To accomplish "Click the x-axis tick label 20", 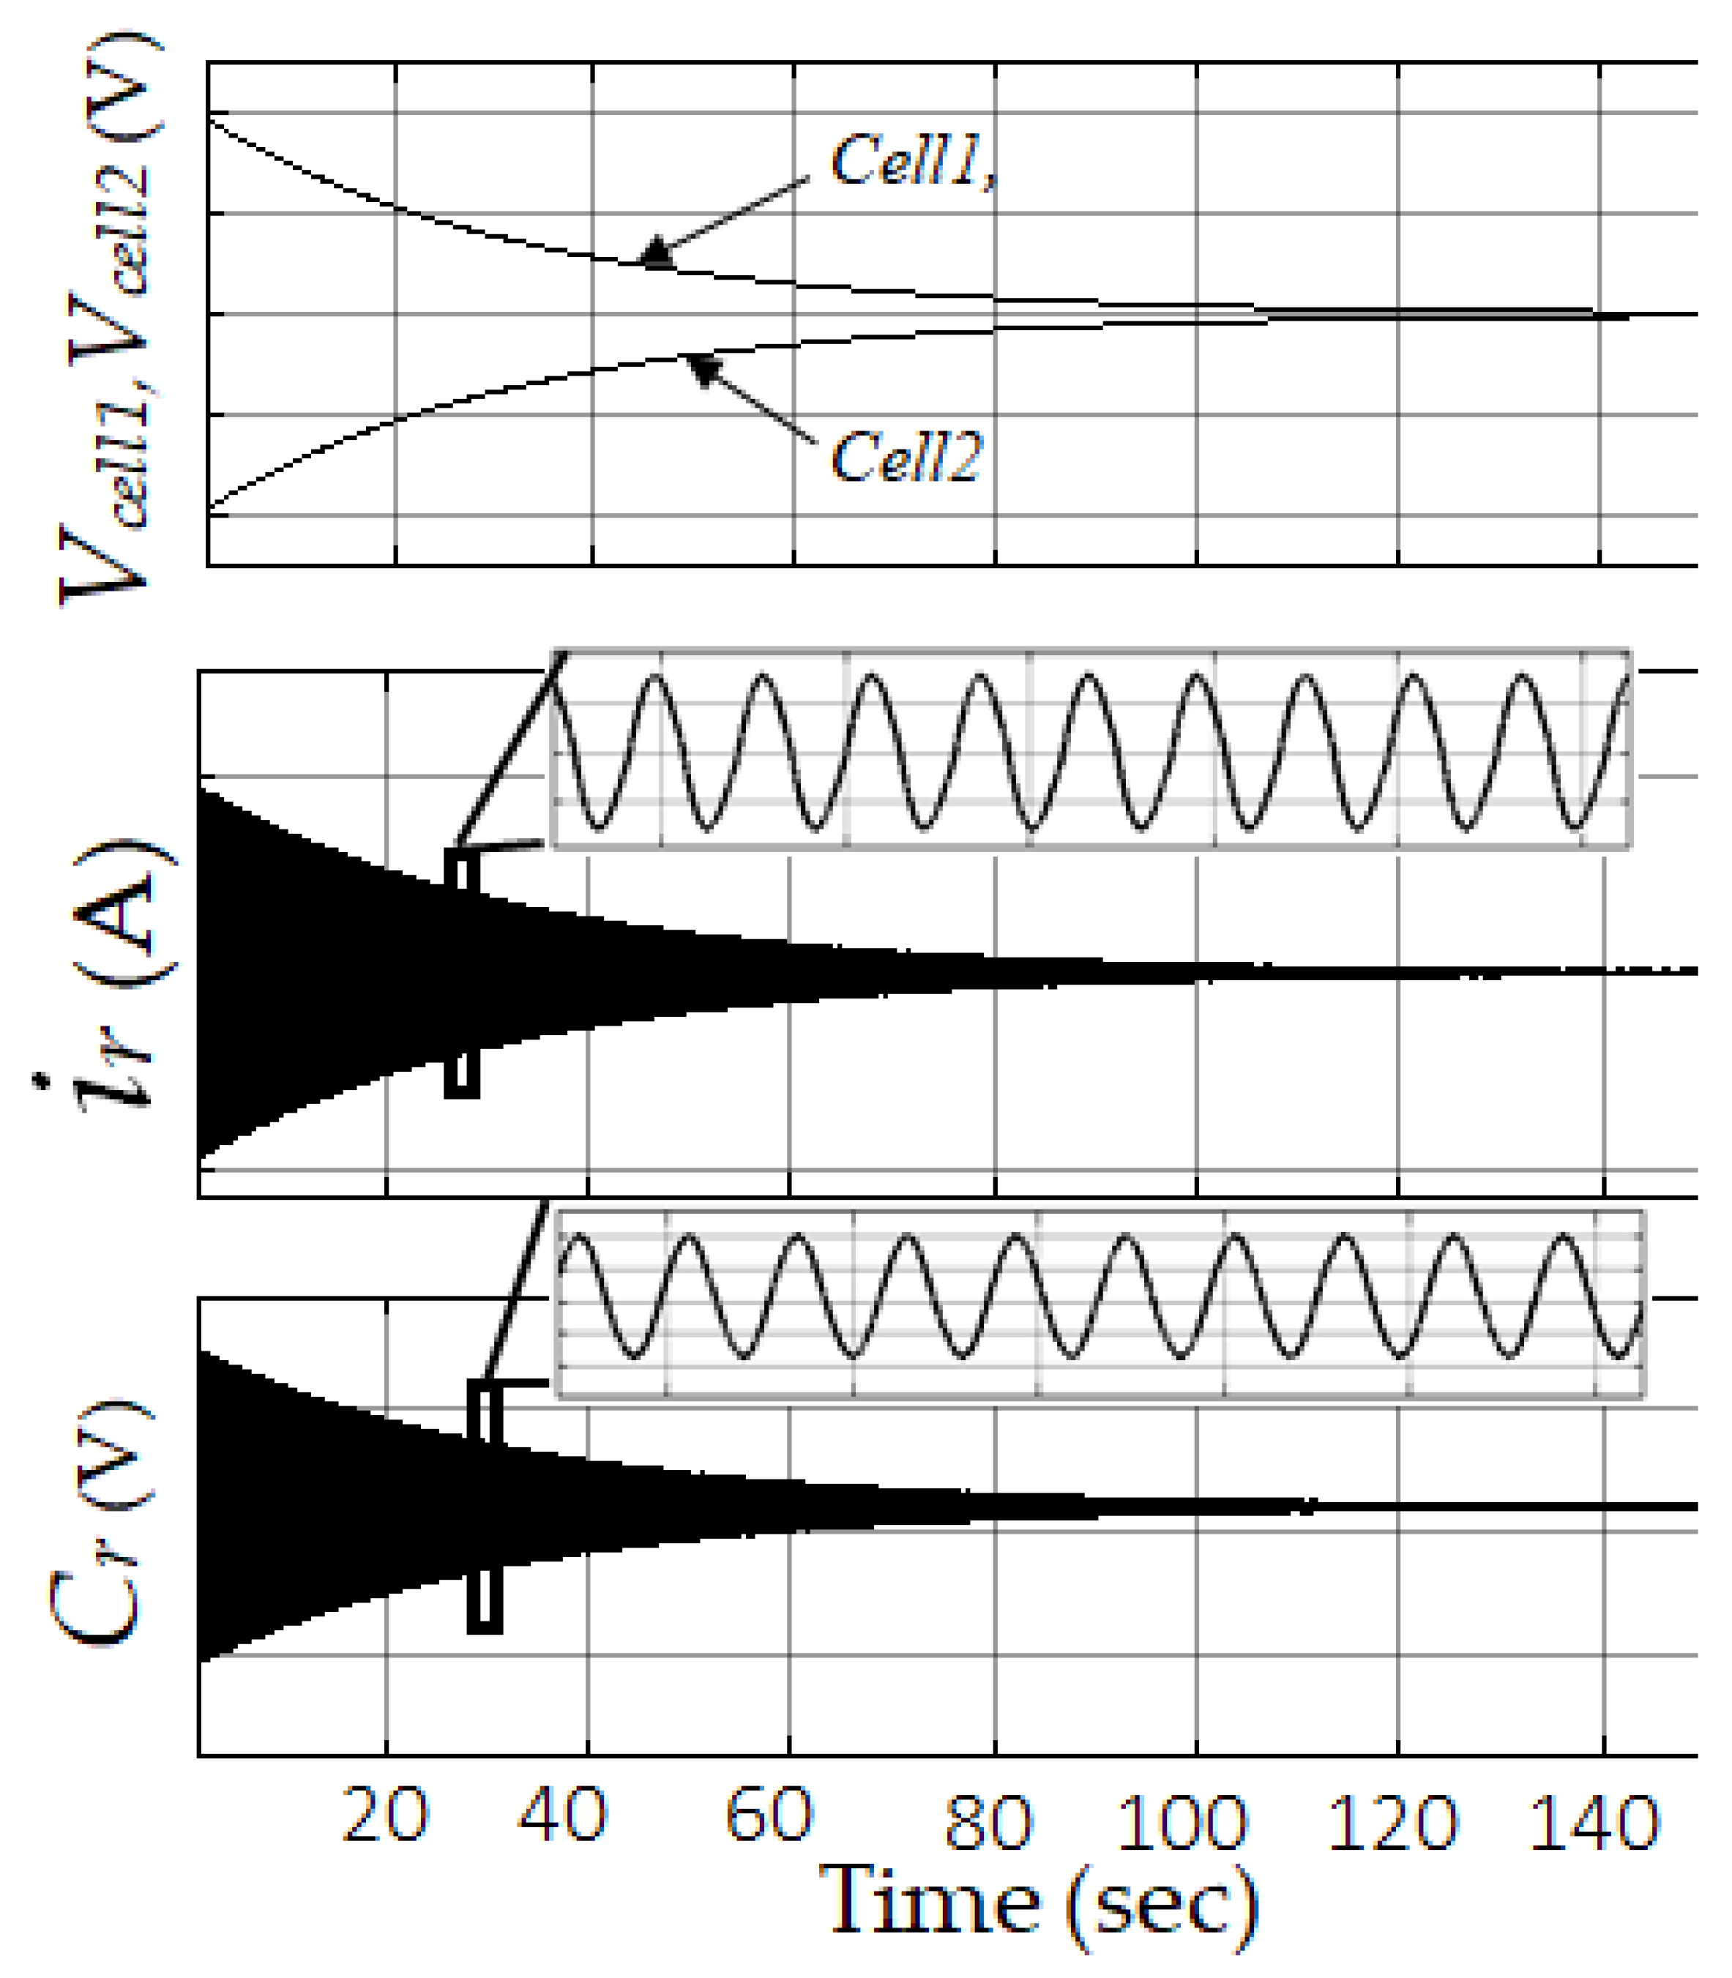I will [x=384, y=1814].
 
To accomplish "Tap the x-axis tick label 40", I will [x=561, y=1814].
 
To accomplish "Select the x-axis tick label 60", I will [x=769, y=1814].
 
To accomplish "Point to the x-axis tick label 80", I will [x=988, y=1822].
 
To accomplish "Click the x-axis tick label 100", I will [x=1181, y=1822].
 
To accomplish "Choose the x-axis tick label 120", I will [x=1392, y=1822].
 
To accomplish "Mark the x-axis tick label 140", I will [x=1594, y=1822].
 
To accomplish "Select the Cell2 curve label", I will [x=906, y=457].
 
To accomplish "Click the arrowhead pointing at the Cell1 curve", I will [x=657, y=253].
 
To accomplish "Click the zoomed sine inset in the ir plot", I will [x=1090, y=750].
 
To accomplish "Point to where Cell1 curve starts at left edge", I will [x=211, y=114].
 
